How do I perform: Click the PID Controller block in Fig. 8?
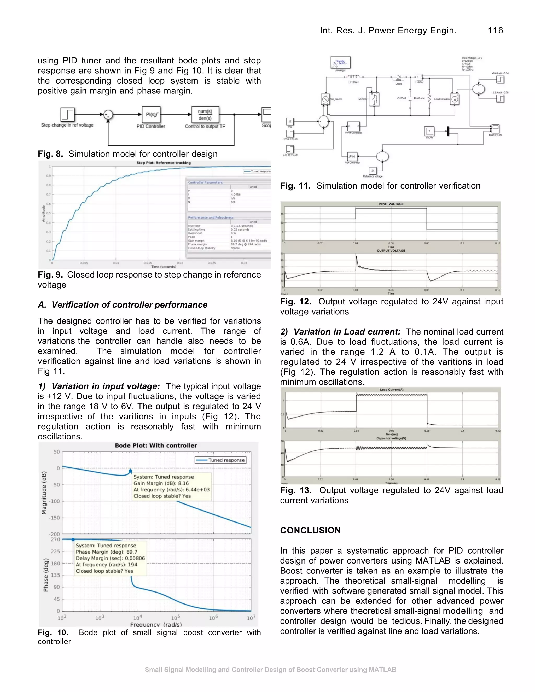pyautogui.click(x=151, y=115)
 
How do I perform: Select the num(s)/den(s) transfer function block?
pyautogui.click(x=205, y=115)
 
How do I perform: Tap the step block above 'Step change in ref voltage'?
pyautogui.click(x=67, y=114)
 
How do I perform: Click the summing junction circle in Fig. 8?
pyautogui.click(x=108, y=115)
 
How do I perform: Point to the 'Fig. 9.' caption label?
pyautogui.click(x=50, y=275)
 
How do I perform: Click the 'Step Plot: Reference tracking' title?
pyautogui.click(x=164, y=163)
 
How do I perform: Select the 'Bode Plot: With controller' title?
pyautogui.click(x=156, y=445)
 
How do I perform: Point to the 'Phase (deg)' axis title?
pyautogui.click(x=46, y=575)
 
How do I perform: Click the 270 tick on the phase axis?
pyautogui.click(x=55, y=539)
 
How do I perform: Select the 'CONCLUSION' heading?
pyautogui.click(x=310, y=530)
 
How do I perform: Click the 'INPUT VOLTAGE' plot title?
pyautogui.click(x=391, y=204)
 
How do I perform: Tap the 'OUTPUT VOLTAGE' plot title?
pyautogui.click(x=391, y=251)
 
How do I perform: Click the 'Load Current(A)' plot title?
pyautogui.click(x=391, y=390)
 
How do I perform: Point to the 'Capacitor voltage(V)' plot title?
pyautogui.click(x=391, y=438)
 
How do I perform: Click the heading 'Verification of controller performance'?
pyautogui.click(x=129, y=305)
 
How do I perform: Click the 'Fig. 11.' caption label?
pyautogui.click(x=295, y=186)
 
